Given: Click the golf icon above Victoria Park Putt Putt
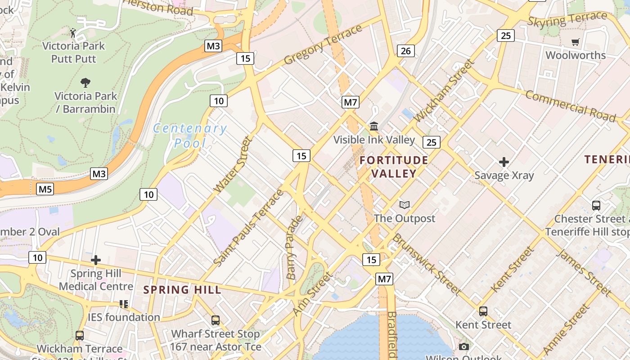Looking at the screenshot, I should point(73,32).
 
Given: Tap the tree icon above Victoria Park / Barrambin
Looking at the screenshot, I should point(85,83).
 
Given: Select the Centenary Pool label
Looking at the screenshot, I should point(190,135).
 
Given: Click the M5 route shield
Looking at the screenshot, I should point(45,189).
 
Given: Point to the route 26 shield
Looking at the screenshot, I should point(405,51).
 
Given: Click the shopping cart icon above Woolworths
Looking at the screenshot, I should point(576,42).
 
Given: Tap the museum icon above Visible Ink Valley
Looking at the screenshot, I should point(374,126).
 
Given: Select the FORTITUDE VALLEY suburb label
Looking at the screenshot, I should point(394,166).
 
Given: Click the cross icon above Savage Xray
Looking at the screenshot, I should point(504,162).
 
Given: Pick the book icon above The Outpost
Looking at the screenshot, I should point(405,205).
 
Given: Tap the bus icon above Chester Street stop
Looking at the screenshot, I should point(596,206).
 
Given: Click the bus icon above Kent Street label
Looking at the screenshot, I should point(483,311).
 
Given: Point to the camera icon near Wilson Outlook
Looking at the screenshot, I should point(464,346).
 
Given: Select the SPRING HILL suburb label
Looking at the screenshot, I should point(183,290).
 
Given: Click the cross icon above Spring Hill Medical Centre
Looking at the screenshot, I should point(96,260).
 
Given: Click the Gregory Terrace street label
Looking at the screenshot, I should point(323,44).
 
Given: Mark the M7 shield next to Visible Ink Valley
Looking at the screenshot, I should point(350,103).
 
